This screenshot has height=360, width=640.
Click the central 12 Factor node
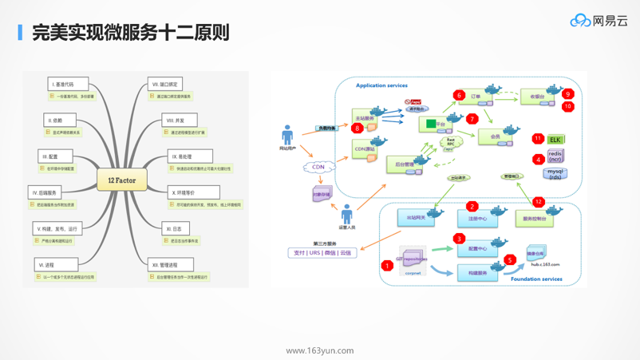click(x=121, y=180)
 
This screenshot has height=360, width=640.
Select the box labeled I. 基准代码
click(x=68, y=84)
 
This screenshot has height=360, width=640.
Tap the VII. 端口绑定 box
click(x=165, y=84)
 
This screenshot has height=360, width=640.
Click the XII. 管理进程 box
click(x=171, y=265)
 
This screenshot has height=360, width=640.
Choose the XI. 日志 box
click(x=176, y=228)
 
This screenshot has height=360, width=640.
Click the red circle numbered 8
click(x=357, y=128)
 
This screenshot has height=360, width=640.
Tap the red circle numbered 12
click(x=538, y=202)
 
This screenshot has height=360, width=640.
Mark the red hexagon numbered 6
click(x=459, y=95)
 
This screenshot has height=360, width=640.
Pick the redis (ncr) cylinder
click(x=555, y=156)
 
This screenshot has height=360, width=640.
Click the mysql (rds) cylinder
click(x=555, y=173)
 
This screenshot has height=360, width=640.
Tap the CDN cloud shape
click(x=318, y=168)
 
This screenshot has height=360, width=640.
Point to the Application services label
click(x=381, y=85)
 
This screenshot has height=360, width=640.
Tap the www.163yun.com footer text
click(x=320, y=350)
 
